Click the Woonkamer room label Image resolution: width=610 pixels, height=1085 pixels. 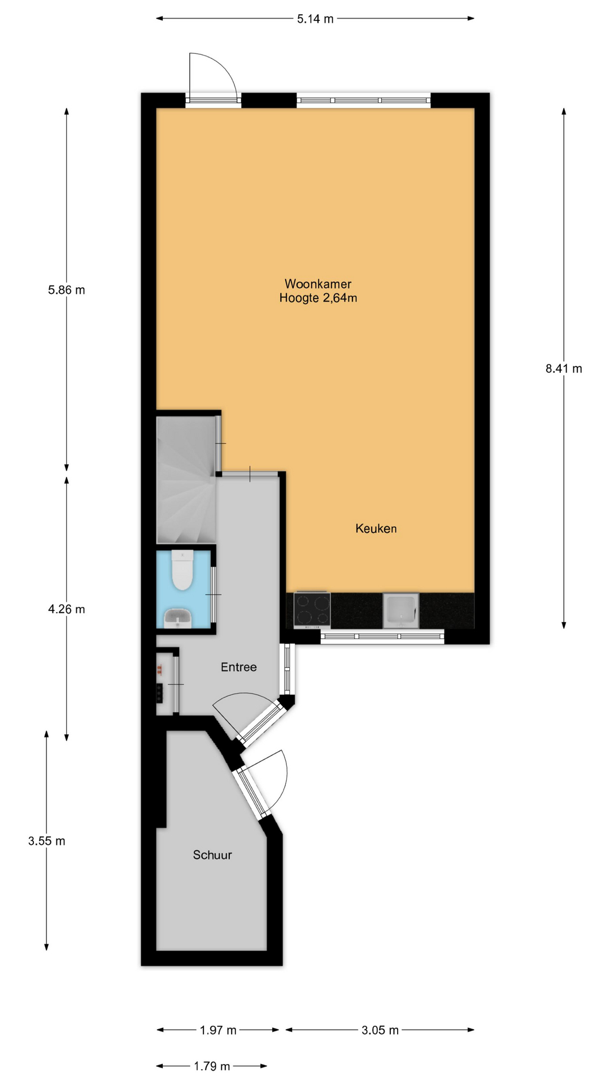click(318, 284)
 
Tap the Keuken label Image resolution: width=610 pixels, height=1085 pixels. click(376, 528)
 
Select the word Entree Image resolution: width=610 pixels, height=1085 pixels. click(238, 667)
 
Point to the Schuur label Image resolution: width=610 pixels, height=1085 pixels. click(212, 855)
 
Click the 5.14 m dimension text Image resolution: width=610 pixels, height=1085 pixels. click(315, 19)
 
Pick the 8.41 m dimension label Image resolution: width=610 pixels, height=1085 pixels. click(564, 368)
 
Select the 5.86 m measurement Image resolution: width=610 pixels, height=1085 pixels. click(67, 290)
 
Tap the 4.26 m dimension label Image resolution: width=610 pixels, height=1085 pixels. click(67, 609)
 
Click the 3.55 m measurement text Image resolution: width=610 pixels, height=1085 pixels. click(47, 841)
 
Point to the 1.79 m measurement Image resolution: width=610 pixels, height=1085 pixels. click(212, 1066)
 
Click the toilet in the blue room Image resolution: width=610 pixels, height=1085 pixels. click(182, 570)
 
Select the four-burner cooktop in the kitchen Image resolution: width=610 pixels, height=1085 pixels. click(312, 610)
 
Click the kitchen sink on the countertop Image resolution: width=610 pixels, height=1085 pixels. click(401, 610)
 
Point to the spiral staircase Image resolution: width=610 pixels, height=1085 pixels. click(185, 480)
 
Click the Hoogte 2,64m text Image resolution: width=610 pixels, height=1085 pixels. click(318, 298)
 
